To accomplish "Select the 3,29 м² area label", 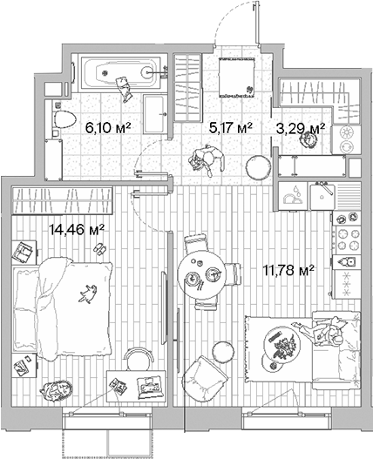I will coord(301,127).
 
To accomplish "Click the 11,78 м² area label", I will coord(288,269).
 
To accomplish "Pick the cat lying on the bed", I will coord(87,294).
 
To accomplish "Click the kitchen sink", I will coord(296,194).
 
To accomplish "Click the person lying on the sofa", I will coord(330,334).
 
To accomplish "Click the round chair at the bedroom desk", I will coord(135,357).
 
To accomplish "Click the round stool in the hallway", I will coord(258,164).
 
